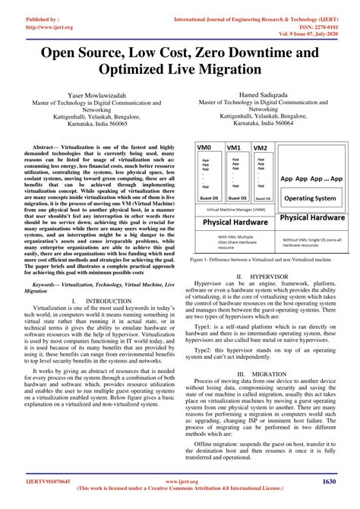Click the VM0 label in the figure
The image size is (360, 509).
tap(204, 147)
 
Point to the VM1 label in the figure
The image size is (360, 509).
tap(232, 147)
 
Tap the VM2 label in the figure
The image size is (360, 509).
tap(259, 147)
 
